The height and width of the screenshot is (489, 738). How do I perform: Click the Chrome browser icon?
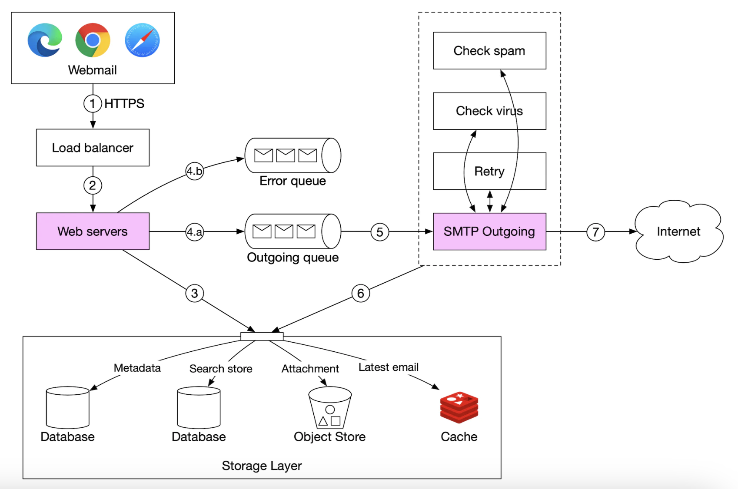[x=93, y=40]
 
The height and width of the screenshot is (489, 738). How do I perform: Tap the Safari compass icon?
[x=142, y=40]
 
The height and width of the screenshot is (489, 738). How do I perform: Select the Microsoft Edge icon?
[x=44, y=40]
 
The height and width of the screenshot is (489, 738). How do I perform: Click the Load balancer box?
[x=93, y=148]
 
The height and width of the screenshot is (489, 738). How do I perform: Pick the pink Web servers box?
[x=93, y=231]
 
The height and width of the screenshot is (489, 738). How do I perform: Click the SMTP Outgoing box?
[x=489, y=231]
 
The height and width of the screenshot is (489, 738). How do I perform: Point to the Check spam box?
[x=489, y=51]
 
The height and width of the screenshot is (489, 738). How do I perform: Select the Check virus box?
[x=489, y=111]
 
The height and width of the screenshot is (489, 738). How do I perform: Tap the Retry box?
[x=489, y=171]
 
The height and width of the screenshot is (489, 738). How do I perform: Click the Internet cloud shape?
[x=678, y=231]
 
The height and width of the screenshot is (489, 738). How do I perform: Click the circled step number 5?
[x=379, y=232]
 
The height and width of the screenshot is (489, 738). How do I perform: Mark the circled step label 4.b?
[x=194, y=171]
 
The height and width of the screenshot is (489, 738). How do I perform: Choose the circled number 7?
[x=595, y=232]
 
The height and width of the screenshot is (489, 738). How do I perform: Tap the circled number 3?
[x=194, y=294]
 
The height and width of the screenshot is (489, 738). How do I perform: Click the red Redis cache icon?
[x=459, y=407]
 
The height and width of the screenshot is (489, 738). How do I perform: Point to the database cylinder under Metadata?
[x=67, y=407]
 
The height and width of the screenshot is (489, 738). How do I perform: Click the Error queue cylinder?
[x=293, y=155]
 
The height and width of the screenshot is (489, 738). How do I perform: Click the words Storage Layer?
[x=262, y=466]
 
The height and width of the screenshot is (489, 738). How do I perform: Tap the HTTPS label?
[x=124, y=103]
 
